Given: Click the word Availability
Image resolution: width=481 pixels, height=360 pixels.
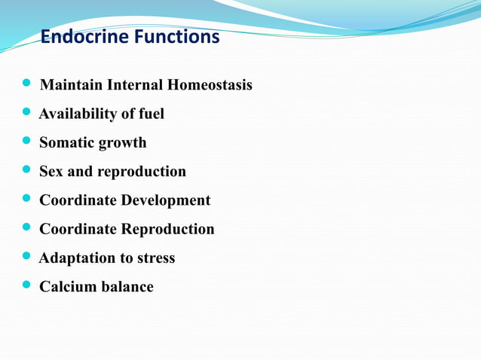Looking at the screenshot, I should (76, 114).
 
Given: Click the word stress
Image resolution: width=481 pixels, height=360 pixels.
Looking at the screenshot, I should (155, 258).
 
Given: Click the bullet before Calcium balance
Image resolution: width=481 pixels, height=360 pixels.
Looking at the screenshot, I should (28, 286).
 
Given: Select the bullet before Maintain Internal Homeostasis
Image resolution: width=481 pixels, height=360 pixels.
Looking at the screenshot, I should (28, 85).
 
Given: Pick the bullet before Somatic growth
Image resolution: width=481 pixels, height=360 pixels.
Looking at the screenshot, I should (28, 142).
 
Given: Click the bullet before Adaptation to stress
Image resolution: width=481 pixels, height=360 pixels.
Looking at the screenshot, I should (28, 258).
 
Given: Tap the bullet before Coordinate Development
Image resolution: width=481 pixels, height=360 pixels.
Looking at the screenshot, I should (28, 200).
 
